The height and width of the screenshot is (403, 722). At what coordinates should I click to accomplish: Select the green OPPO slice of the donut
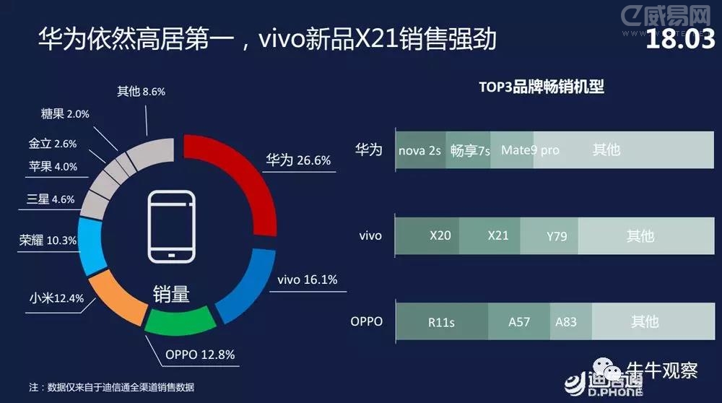[180, 321]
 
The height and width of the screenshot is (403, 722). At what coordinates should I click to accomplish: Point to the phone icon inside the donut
[171, 227]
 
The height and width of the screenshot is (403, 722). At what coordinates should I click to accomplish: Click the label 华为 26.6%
[298, 160]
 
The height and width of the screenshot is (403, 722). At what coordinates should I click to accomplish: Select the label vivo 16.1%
[307, 279]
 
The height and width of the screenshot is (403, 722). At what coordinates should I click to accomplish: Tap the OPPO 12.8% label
[200, 355]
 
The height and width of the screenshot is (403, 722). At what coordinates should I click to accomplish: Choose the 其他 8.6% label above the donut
[141, 91]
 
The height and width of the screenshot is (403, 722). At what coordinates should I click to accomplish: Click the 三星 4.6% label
[51, 199]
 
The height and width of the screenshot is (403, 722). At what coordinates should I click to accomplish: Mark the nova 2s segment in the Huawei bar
[420, 149]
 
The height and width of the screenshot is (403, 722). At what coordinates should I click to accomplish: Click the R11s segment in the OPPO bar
[442, 321]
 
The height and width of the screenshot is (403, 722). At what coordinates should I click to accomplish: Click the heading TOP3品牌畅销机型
[541, 87]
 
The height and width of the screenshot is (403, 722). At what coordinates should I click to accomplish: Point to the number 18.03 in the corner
[680, 39]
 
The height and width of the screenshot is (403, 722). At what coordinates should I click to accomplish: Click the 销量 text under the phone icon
[171, 294]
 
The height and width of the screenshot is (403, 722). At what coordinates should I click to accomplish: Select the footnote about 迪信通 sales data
[111, 387]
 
